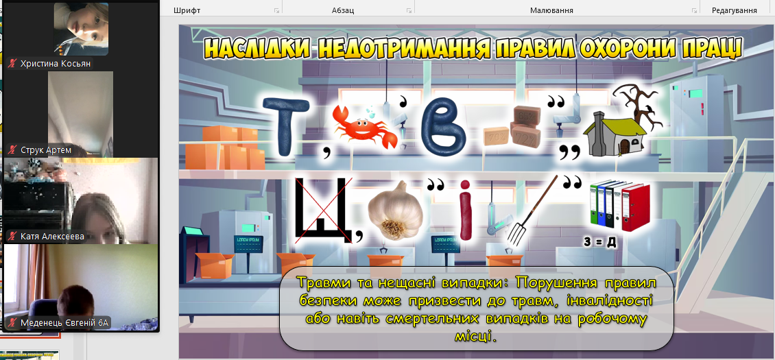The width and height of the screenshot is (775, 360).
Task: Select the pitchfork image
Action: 532,210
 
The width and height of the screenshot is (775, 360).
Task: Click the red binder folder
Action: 636,208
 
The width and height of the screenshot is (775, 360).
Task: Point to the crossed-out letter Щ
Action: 323,211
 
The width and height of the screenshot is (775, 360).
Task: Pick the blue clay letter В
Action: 444,125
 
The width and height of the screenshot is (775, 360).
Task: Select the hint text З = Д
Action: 599,243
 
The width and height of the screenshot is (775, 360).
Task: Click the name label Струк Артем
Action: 46,150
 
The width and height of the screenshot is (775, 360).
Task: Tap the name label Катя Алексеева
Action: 52,237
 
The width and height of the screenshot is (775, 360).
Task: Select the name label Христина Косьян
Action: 56,63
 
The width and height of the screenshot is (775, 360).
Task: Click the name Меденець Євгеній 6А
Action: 64,324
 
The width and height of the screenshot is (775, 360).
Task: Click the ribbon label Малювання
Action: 551,10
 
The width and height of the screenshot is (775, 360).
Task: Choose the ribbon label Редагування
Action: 734,10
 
